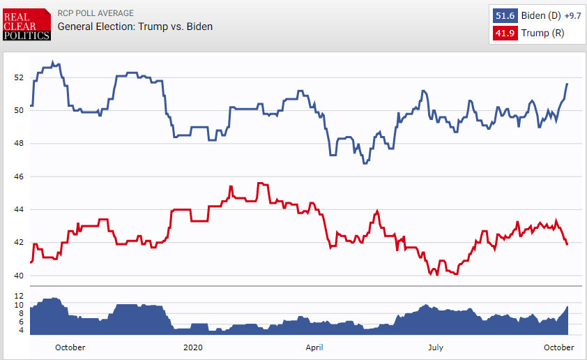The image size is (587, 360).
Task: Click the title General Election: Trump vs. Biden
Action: pos(135,27)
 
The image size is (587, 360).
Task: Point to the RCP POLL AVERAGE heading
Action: pos(96,13)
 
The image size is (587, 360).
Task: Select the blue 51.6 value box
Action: pos(505,15)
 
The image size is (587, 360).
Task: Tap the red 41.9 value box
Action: pos(505,33)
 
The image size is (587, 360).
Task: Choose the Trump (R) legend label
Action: pos(543,33)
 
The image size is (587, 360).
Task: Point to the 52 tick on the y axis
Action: pos(19,77)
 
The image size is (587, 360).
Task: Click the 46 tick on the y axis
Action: pos(19,177)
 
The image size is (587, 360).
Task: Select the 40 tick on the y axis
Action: pos(19,276)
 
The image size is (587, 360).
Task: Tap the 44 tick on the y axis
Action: pos(19,209)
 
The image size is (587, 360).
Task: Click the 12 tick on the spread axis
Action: pos(19,296)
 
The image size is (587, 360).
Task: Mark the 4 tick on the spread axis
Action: pos(20,330)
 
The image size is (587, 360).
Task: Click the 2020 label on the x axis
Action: pos(192,347)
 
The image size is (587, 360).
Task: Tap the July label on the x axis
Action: pos(435,347)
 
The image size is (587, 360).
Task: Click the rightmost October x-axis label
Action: pos(558,347)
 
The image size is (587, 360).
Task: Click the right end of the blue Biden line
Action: pos(567,84)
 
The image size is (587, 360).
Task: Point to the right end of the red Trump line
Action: pos(567,244)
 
